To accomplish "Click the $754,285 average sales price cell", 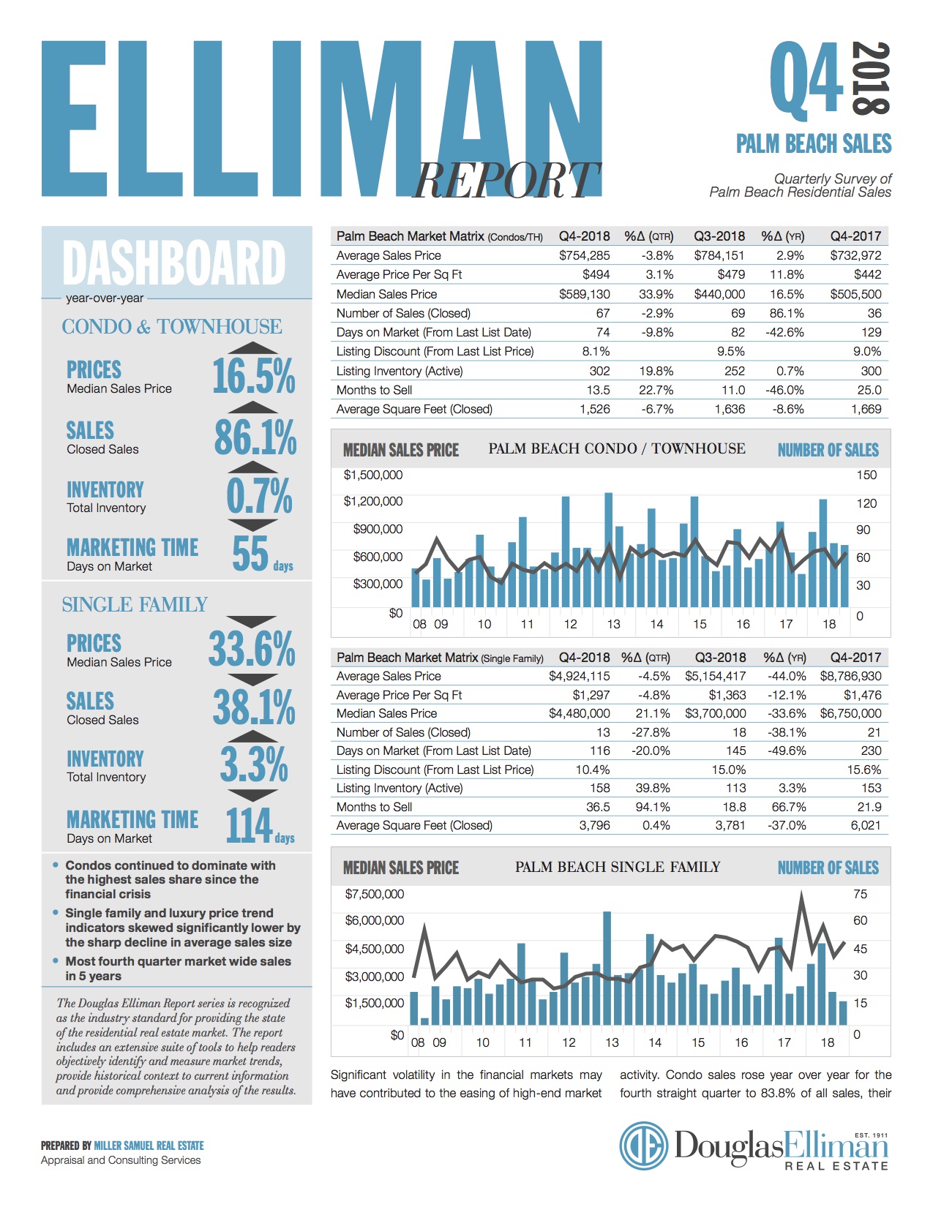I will (x=584, y=255).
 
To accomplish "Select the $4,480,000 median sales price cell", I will (x=579, y=713).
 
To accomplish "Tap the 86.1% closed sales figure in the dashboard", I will (x=255, y=437).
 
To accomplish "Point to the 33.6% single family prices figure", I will (x=252, y=649).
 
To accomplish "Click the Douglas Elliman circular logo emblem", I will (x=644, y=1146).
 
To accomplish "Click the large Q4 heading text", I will (x=807, y=79).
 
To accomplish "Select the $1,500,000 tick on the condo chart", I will (x=373, y=475).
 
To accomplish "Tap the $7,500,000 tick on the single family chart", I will (x=374, y=894).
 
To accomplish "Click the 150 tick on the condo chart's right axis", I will (x=866, y=475).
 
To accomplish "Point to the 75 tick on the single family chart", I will (x=860, y=894).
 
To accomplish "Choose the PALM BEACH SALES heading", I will (x=814, y=143).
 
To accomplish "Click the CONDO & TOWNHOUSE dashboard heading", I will (x=171, y=326).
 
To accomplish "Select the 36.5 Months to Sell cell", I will (x=598, y=807).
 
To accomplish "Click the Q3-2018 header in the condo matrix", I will (x=719, y=236).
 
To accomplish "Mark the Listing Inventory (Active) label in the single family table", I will (x=400, y=788).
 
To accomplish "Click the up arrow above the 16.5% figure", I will (x=253, y=348).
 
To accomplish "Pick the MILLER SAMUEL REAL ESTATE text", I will (x=149, y=1146).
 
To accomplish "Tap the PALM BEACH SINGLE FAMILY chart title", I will (x=618, y=867).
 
